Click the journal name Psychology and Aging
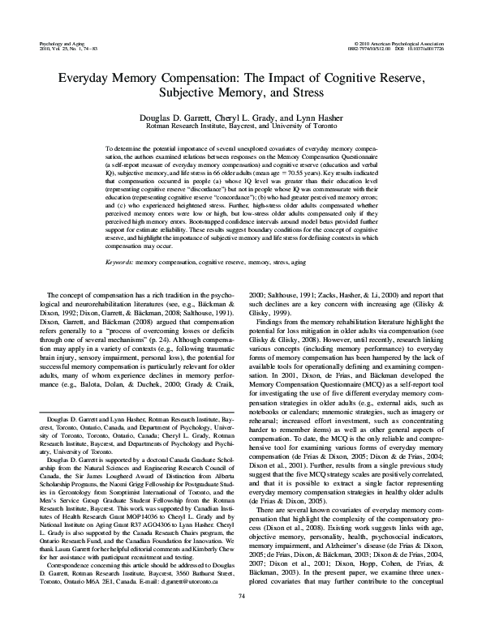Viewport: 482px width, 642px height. pos(61,40)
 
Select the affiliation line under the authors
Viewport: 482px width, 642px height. pos(240,128)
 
